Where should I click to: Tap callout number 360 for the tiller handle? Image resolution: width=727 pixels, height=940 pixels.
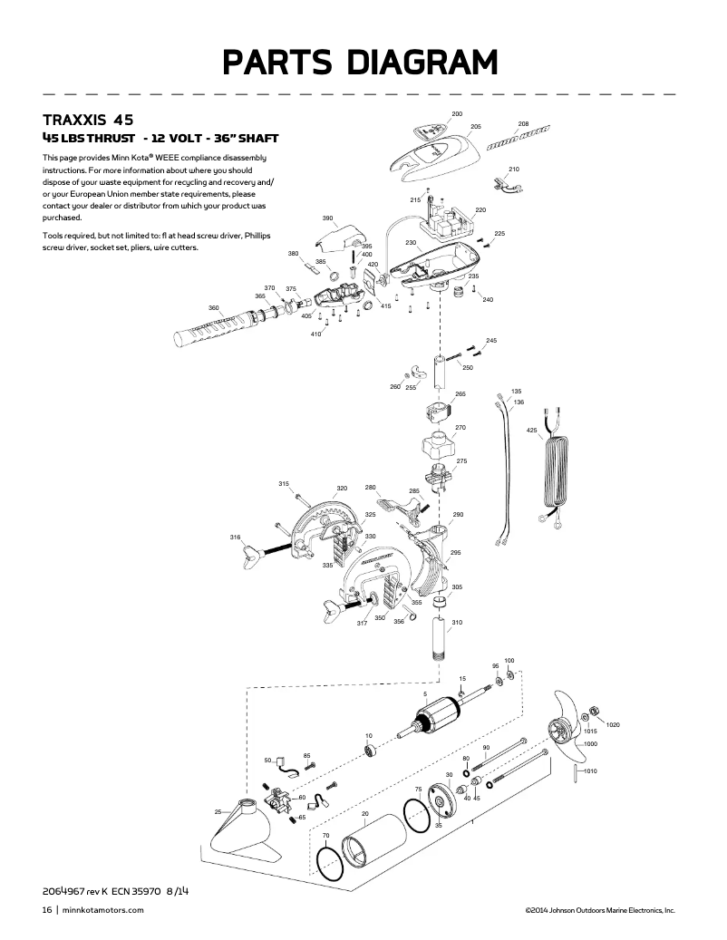[x=214, y=308]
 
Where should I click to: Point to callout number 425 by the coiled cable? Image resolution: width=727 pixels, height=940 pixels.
[x=532, y=430]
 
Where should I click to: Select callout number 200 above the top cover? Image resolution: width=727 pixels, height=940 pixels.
[x=457, y=113]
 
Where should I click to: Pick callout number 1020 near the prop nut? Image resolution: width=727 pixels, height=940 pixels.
[x=613, y=725]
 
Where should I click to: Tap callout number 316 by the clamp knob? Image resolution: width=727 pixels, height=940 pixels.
[x=236, y=538]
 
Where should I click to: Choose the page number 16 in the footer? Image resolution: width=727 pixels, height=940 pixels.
[x=45, y=910]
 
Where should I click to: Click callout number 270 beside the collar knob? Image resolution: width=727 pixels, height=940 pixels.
[x=460, y=427]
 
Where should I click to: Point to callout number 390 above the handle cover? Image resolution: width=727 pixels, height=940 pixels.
[x=327, y=218]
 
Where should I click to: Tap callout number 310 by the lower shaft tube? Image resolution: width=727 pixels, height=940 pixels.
[x=457, y=622]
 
